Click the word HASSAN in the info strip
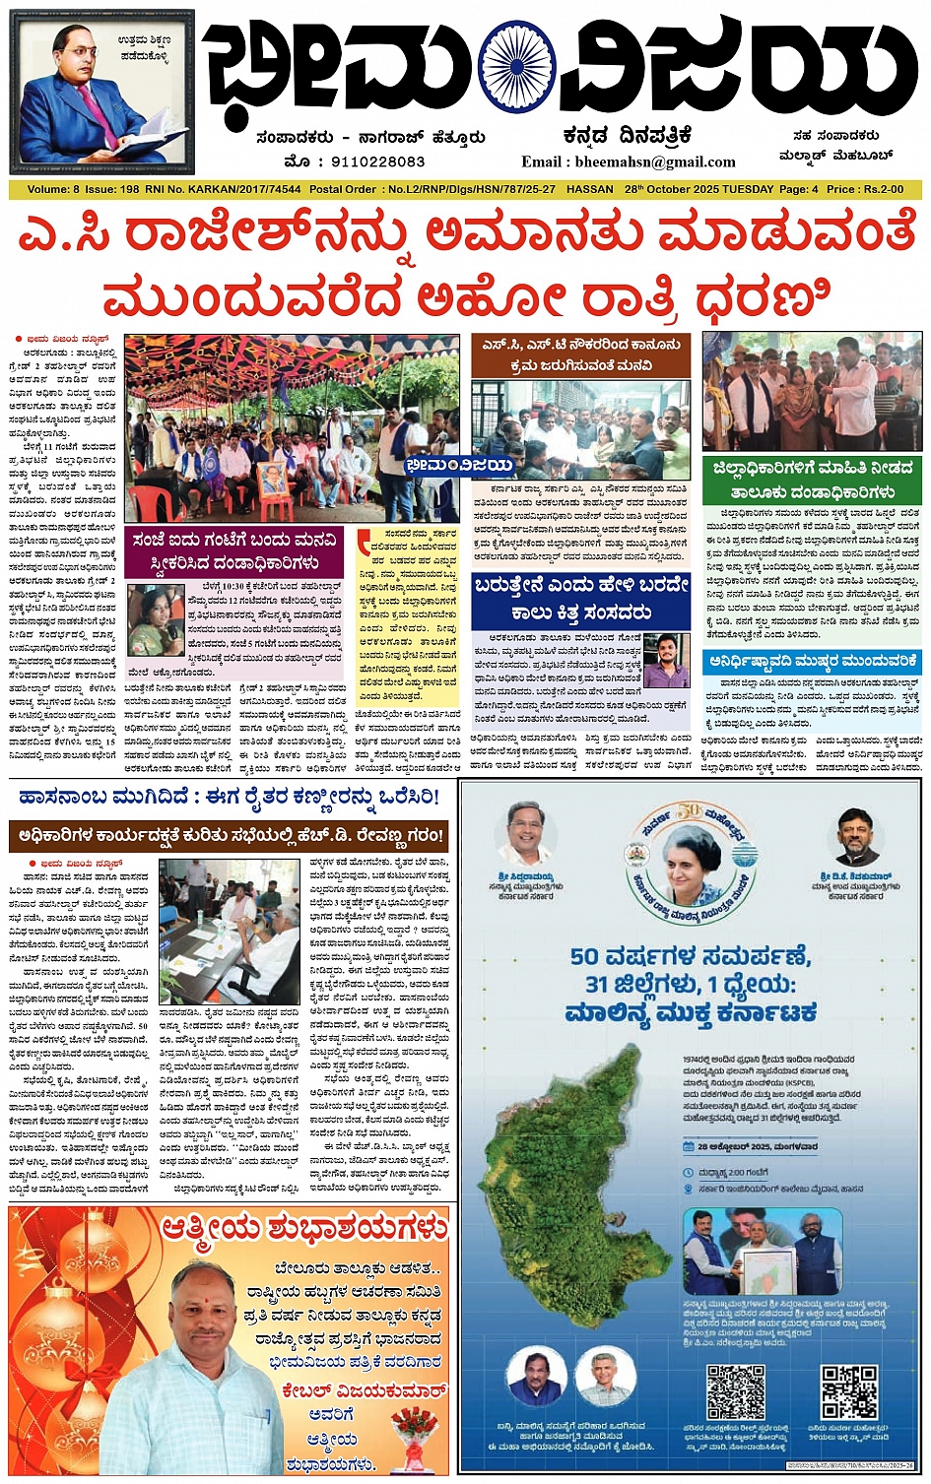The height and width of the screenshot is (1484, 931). (590, 189)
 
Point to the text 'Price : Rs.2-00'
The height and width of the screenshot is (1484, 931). (865, 189)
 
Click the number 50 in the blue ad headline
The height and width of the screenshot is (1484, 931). (584, 956)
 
